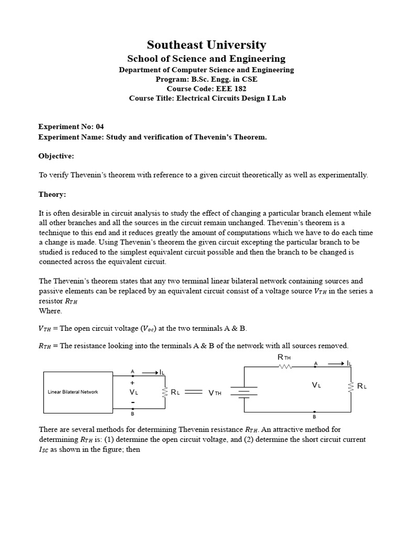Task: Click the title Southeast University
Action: tap(206, 45)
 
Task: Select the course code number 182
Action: tap(238, 88)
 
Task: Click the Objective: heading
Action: tap(57, 156)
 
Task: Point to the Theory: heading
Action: tap(52, 194)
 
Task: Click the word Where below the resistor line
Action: tap(50, 311)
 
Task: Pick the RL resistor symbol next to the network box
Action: tap(165, 392)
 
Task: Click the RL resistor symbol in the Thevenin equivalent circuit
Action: tap(351, 386)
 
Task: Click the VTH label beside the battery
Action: tap(215, 393)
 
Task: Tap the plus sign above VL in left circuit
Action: tap(132, 383)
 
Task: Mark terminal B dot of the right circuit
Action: tap(314, 412)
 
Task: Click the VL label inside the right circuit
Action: tap(316, 385)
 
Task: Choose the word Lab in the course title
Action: tap(279, 98)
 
